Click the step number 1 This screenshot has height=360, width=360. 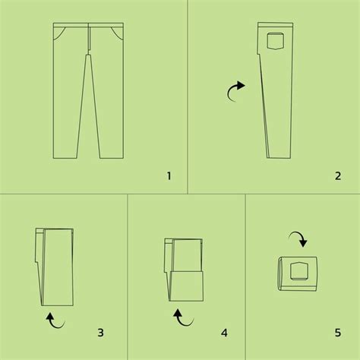pyautogui.click(x=169, y=176)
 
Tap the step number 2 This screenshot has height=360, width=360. pyautogui.click(x=337, y=176)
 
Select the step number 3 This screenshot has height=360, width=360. pyautogui.click(x=101, y=332)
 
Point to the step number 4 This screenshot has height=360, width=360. pyautogui.click(x=224, y=332)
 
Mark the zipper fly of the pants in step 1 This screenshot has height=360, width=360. pyautogui.click(x=90, y=44)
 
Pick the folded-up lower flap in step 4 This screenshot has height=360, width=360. pyautogui.click(x=186, y=285)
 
